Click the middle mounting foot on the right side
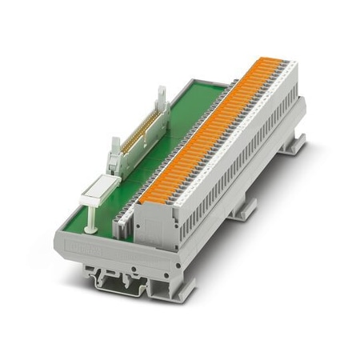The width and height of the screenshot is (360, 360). coord(244,208)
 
